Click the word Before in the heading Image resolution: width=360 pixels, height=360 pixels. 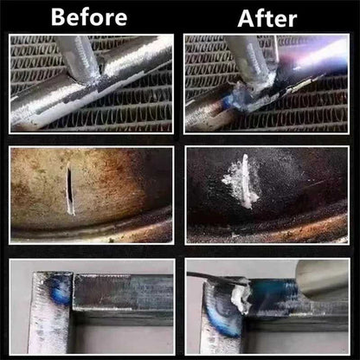pyautogui.click(x=89, y=17)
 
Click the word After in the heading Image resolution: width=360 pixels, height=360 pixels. pyautogui.click(x=267, y=18)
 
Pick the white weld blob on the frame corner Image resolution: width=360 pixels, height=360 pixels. pyautogui.click(x=241, y=299)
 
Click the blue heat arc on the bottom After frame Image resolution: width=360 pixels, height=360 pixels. pyautogui.click(x=222, y=323)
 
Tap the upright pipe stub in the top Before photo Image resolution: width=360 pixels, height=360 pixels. pyautogui.click(x=78, y=58)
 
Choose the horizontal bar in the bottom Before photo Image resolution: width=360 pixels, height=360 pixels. pyautogui.click(x=123, y=292)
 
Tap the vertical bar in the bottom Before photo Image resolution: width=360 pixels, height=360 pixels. pyautogui.click(x=49, y=313)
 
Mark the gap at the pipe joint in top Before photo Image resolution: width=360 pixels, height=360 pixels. pyautogui.click(x=101, y=68)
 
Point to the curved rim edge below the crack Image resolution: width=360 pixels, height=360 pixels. pyautogui.click(x=93, y=228)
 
